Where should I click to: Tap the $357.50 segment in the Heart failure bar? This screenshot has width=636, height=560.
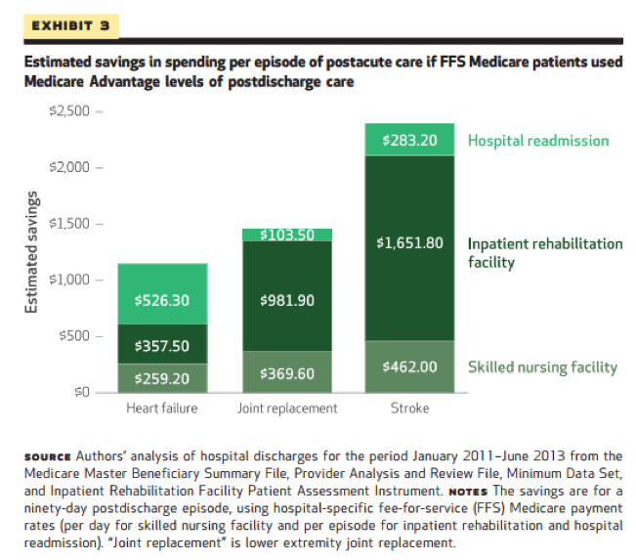162,344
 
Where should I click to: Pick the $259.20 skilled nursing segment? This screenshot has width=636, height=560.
162,376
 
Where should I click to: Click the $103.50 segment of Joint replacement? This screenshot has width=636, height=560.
287,235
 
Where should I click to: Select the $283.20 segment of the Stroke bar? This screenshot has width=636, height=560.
410,140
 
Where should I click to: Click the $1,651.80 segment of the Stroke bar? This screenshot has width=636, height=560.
410,242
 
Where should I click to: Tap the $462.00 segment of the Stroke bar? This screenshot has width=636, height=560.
410,366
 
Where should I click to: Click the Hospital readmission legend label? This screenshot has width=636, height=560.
538,141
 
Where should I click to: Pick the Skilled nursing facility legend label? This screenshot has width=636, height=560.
542,367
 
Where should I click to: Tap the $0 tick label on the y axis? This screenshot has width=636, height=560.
81,392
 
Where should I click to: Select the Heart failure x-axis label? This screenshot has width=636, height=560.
162,408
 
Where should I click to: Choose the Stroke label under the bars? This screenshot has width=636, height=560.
410,408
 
